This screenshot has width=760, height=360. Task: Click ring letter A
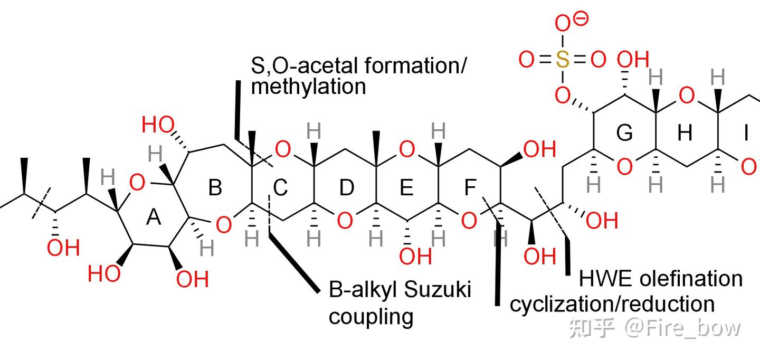pos(153,217)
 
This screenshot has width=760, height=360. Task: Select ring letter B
pos(214,187)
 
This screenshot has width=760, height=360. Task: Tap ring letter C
pos(280,187)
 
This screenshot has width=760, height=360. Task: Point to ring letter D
pos(346,187)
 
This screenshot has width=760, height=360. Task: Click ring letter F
pos(470,187)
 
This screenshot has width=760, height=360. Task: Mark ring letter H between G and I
pos(685,134)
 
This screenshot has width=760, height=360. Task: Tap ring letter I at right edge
pos(746,134)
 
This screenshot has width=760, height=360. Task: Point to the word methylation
pos(308,86)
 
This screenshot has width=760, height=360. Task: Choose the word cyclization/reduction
pos(612,304)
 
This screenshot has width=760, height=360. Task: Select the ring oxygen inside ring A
pos(137,183)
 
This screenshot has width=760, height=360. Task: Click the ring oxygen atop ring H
pos(686,96)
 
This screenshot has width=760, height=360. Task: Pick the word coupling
pos(371,317)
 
